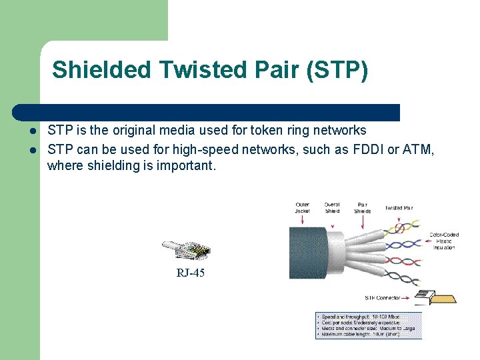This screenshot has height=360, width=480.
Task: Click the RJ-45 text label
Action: [190, 273]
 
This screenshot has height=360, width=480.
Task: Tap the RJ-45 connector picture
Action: [187, 250]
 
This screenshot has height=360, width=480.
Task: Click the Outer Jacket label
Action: [303, 208]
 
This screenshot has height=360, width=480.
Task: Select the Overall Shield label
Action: [332, 208]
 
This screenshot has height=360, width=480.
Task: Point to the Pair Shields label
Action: [362, 208]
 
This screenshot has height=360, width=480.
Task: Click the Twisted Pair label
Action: [399, 208]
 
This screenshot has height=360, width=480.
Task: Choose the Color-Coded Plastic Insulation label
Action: [443, 241]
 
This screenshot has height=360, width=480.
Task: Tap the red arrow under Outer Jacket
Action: [303, 219]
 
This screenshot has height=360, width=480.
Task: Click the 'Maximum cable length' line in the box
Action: [360, 334]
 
